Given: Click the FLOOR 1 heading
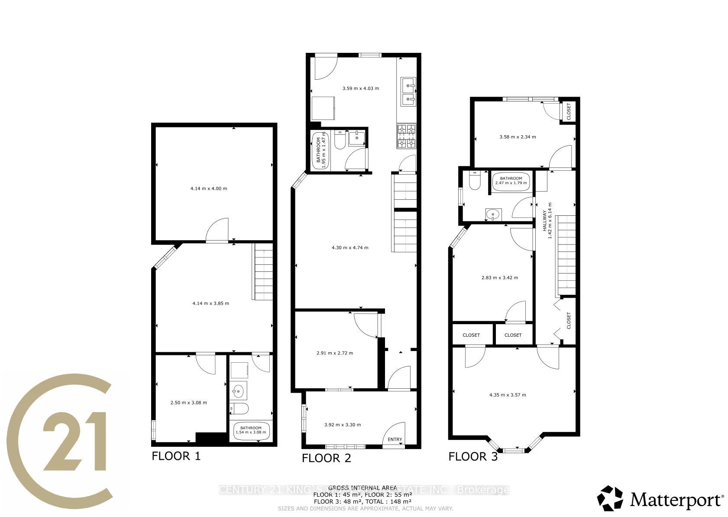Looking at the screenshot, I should click(176, 456).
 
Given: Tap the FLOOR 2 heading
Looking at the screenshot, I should click(327, 458).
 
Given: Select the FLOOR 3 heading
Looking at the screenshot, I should click(473, 456).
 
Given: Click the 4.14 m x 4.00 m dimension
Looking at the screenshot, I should click(209, 189).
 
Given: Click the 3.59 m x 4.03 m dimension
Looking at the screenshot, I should click(360, 88).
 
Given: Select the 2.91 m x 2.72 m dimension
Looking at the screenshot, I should click(335, 353).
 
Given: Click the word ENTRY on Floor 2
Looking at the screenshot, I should click(395, 439).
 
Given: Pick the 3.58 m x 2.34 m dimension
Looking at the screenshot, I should click(518, 137).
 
